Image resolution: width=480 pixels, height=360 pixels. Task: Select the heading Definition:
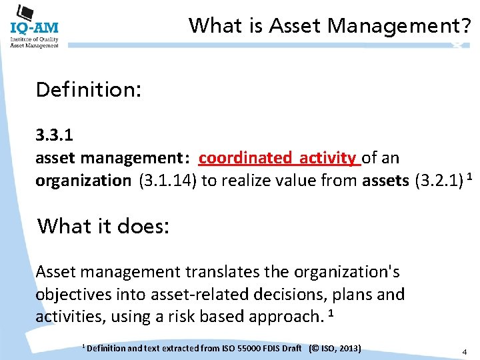88,89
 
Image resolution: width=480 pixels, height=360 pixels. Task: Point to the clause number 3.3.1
55,135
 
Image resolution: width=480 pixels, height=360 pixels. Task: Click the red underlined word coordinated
245,158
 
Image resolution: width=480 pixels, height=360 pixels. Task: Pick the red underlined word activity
327,158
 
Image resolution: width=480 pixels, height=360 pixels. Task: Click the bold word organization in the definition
83,181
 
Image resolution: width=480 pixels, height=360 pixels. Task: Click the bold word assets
386,181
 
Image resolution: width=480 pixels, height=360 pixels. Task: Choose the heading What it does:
104,227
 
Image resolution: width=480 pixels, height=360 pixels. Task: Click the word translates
221,272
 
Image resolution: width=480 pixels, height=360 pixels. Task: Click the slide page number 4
464,351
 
